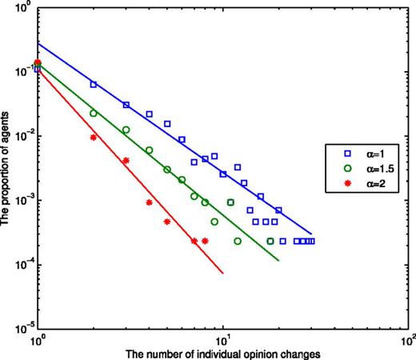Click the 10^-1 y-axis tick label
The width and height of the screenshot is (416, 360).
tap(21, 72)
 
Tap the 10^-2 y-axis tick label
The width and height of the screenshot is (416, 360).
tap(21, 137)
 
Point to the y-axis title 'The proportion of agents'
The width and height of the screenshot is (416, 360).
tap(6, 168)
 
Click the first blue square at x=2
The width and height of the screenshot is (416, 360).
tap(94, 84)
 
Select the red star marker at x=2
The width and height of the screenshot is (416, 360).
tap(94, 138)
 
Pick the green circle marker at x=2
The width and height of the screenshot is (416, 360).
tap(94, 114)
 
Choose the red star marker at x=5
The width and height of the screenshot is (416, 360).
tap(167, 222)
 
